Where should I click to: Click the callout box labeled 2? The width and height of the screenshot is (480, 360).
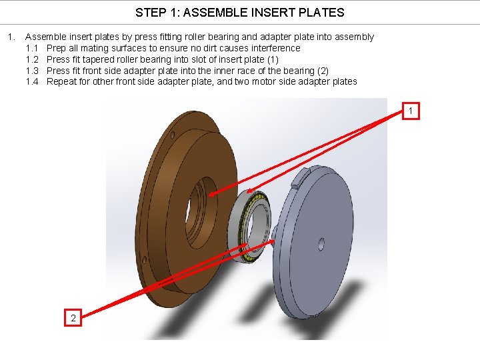[73, 317]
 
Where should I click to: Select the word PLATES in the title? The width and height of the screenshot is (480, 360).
[323, 12]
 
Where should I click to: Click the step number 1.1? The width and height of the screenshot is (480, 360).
[32, 48]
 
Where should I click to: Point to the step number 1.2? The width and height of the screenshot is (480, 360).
[32, 59]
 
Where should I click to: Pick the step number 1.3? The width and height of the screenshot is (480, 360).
[32, 71]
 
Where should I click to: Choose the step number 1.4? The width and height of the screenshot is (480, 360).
[32, 81]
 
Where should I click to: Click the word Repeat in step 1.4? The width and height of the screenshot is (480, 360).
[62, 81]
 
